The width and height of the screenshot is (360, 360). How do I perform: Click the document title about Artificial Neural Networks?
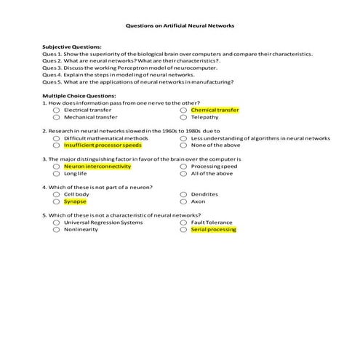180,25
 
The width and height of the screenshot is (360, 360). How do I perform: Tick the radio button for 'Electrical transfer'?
57,110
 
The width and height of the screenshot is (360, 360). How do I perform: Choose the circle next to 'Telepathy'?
184,116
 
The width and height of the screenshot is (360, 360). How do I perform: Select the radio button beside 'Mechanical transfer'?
57,116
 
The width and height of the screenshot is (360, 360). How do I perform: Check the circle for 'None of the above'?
184,145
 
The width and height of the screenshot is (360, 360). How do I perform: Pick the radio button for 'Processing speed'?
184,166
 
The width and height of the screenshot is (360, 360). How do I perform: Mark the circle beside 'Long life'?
57,173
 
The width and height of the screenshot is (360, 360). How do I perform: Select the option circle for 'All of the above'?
184,173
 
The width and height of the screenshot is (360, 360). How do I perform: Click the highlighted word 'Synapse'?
76,201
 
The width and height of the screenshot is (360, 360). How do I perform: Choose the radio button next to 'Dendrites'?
184,194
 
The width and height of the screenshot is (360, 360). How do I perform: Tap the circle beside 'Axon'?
184,201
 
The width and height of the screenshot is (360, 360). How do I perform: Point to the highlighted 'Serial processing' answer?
214,230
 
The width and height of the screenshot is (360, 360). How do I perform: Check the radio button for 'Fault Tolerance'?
184,223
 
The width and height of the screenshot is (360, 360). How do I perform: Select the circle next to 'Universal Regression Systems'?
57,223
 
